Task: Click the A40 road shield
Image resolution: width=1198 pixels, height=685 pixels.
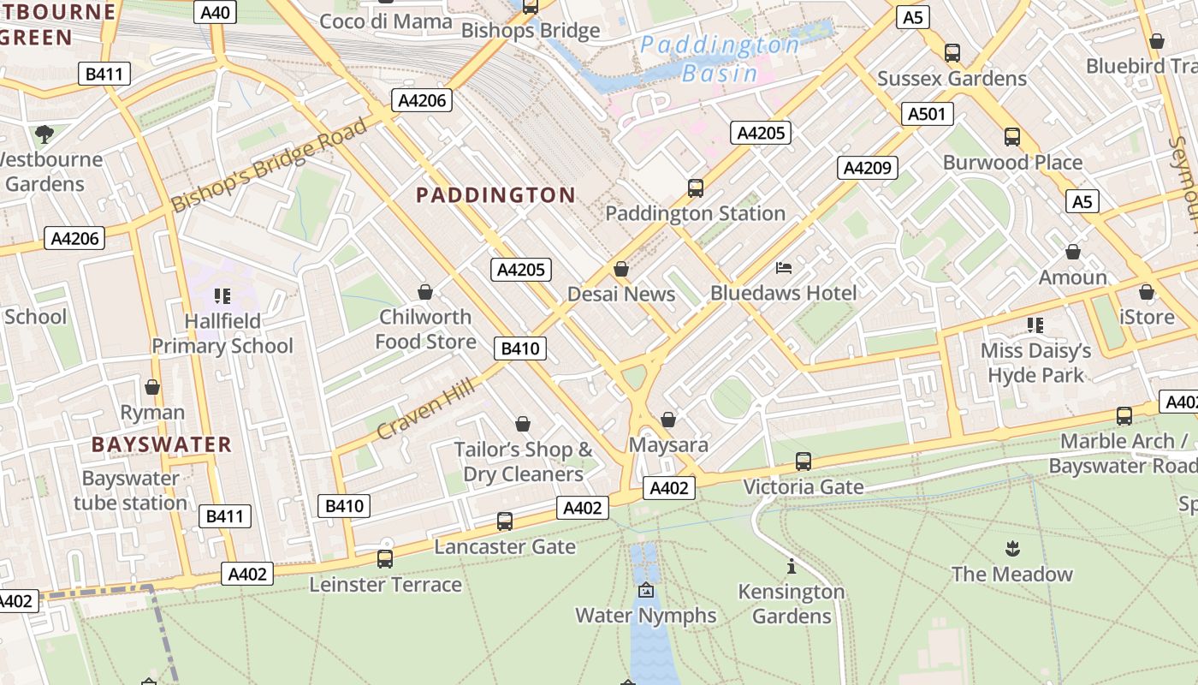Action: point(214,12)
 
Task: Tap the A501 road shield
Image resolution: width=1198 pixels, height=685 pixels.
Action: point(927,114)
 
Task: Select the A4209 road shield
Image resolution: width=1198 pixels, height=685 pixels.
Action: point(868,168)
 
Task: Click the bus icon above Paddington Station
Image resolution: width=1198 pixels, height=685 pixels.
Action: point(695,188)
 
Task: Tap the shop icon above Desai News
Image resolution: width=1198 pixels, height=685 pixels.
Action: point(621,270)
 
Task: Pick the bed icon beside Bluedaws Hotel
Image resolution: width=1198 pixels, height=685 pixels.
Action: point(783,268)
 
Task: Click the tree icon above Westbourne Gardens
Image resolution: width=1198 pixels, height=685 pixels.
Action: point(44,134)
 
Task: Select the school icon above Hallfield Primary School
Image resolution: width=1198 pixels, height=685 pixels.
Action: point(222,296)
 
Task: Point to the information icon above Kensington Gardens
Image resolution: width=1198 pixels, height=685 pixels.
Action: point(792,566)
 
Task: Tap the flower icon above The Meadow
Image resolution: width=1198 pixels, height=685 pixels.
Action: point(1012,548)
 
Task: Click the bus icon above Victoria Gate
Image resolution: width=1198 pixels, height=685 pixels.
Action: point(803,462)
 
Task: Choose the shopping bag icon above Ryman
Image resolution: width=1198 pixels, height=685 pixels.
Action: point(152,387)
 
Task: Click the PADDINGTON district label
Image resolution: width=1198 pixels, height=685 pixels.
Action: point(495,195)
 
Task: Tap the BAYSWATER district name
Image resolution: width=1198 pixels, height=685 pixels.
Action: point(162,444)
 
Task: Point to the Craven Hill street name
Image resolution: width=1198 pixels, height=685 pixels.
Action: point(425,409)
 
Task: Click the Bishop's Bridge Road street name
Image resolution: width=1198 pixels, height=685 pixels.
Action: point(270,164)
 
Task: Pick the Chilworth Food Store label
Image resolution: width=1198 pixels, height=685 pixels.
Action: point(425,330)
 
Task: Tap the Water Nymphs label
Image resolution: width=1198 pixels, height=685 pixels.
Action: point(645,615)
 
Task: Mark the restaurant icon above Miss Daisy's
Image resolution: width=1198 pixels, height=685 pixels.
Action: point(1035,325)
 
